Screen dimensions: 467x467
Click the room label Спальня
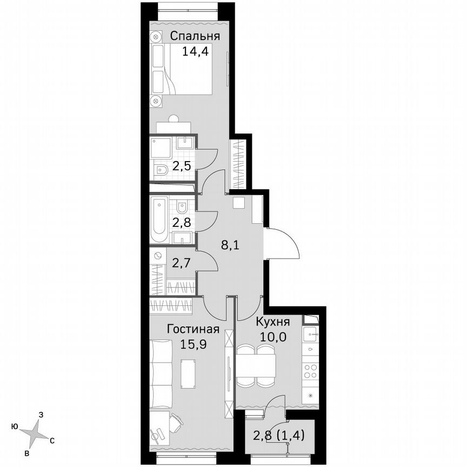tap(195, 36)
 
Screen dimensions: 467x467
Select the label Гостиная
tap(193, 329)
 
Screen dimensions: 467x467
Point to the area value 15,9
tap(193, 343)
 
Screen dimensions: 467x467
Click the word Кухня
tap(273, 322)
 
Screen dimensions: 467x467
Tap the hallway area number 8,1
tap(230, 244)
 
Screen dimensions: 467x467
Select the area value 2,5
tap(181, 165)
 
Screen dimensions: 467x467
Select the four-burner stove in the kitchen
tap(311, 371)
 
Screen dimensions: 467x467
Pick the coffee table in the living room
tap(188, 373)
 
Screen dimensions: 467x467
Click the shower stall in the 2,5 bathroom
tap(161, 148)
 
